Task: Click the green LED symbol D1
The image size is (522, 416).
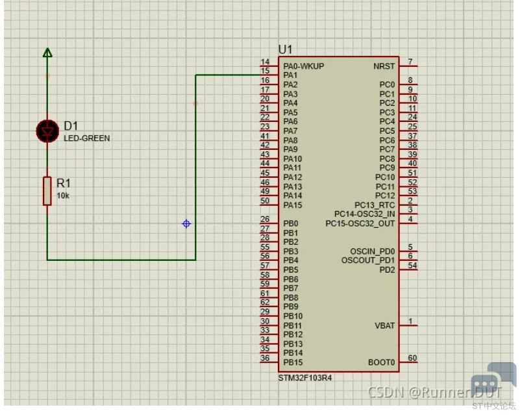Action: (x=47, y=131)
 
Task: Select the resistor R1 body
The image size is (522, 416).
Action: (x=47, y=191)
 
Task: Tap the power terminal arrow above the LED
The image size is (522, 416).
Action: (x=47, y=53)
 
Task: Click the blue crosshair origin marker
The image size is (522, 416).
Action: (x=186, y=224)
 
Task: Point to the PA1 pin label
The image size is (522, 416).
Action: (x=290, y=75)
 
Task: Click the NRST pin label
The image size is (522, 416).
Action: (x=384, y=66)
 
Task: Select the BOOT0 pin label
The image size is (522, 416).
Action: (x=382, y=362)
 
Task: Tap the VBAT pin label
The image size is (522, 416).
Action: (x=385, y=326)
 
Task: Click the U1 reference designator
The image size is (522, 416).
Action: (x=285, y=49)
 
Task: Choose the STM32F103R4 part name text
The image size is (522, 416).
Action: (x=305, y=378)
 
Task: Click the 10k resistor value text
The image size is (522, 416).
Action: (x=63, y=196)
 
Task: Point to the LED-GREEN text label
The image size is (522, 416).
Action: (x=87, y=138)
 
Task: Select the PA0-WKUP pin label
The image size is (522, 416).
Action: (x=304, y=66)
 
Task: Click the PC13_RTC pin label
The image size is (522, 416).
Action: (x=375, y=205)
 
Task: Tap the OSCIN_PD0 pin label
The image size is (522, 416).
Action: (x=373, y=251)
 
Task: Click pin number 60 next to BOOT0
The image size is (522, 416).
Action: (x=412, y=358)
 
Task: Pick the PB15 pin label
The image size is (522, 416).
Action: (x=293, y=362)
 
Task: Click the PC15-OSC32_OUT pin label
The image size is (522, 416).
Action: (x=360, y=224)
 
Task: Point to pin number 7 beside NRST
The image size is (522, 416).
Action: (x=410, y=62)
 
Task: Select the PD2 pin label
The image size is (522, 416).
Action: (x=387, y=269)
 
